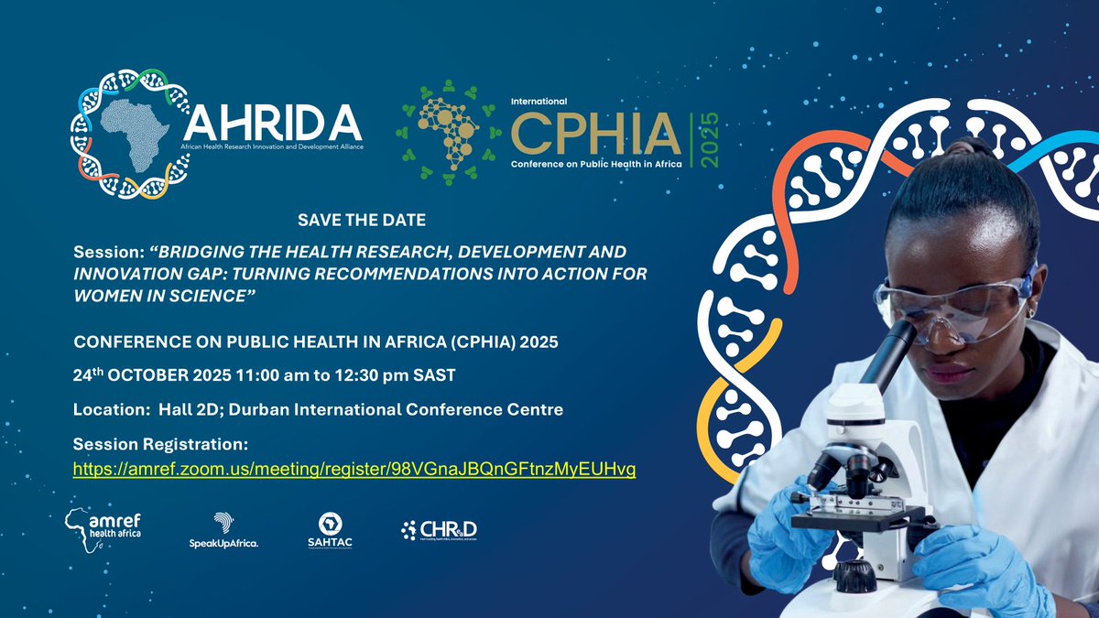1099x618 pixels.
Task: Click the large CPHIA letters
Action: click(x=595, y=136)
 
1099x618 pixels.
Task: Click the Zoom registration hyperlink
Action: click(x=355, y=469)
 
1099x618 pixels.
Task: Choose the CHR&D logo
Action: click(x=440, y=529)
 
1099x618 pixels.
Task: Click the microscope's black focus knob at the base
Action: click(x=855, y=577)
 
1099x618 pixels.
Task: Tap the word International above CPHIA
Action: click(x=539, y=101)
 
